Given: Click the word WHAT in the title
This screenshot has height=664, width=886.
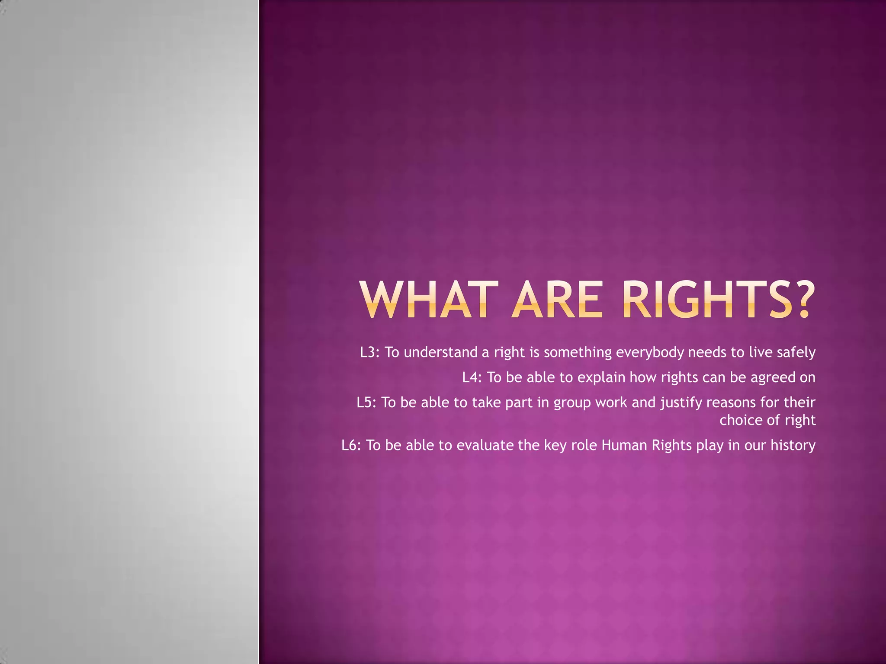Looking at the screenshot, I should (x=426, y=300).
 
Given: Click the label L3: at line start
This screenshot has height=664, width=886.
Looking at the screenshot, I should (x=369, y=352).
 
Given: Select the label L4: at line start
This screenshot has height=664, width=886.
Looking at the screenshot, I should (x=472, y=377).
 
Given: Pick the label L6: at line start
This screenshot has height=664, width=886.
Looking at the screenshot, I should (x=351, y=445).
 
